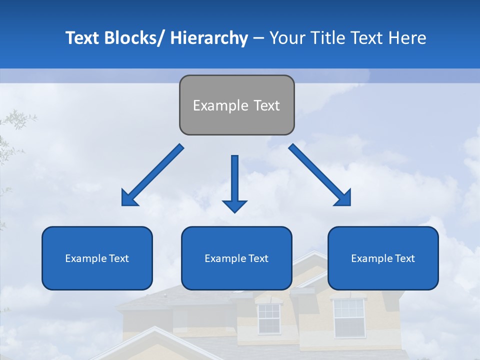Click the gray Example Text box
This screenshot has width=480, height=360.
click(236, 105)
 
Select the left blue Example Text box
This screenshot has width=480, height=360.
click(97, 258)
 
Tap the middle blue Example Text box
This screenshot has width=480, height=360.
click(236, 258)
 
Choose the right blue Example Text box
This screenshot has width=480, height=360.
click(383, 258)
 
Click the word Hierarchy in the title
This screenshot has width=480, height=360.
click(208, 38)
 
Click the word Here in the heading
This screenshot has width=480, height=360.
click(407, 38)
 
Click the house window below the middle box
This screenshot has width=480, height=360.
click(269, 319)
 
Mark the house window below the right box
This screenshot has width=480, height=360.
click(349, 318)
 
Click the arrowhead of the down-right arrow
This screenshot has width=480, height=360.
click(343, 197)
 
